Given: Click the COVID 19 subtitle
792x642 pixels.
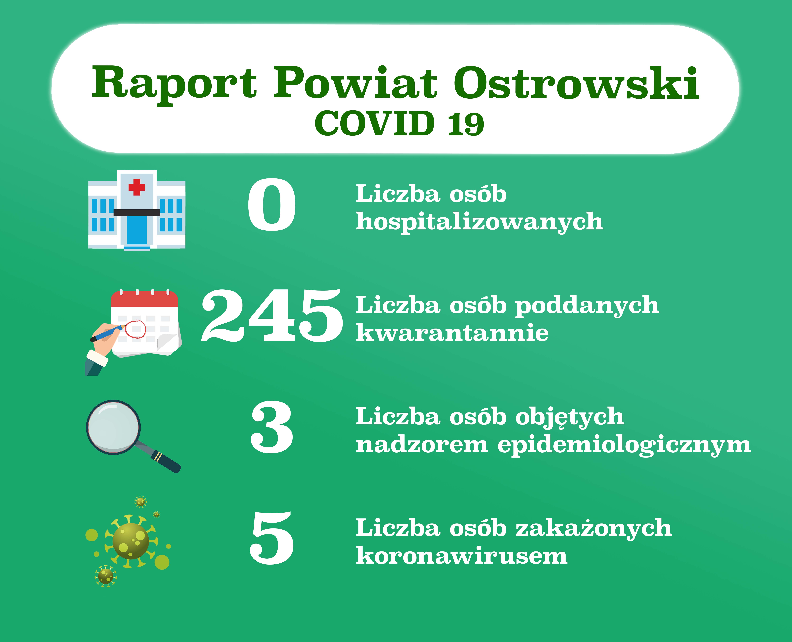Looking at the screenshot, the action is [x=399, y=123].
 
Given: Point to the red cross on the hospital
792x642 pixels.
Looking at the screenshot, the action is [x=137, y=187].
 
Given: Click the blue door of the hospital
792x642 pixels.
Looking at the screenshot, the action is [x=137, y=230].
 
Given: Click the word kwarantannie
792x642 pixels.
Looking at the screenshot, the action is [x=452, y=333].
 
